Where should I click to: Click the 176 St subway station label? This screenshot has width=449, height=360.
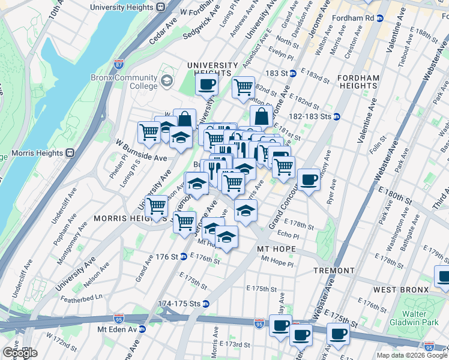(x=166, y=257)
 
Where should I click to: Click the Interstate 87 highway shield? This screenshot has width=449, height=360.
(x=119, y=62)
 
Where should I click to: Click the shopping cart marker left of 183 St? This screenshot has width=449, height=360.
(x=244, y=87)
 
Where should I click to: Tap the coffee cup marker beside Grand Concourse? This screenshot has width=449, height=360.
(x=309, y=179)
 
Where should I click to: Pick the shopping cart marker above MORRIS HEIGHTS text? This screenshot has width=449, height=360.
(x=157, y=206)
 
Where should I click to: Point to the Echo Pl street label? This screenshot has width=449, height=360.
(x=288, y=236)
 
